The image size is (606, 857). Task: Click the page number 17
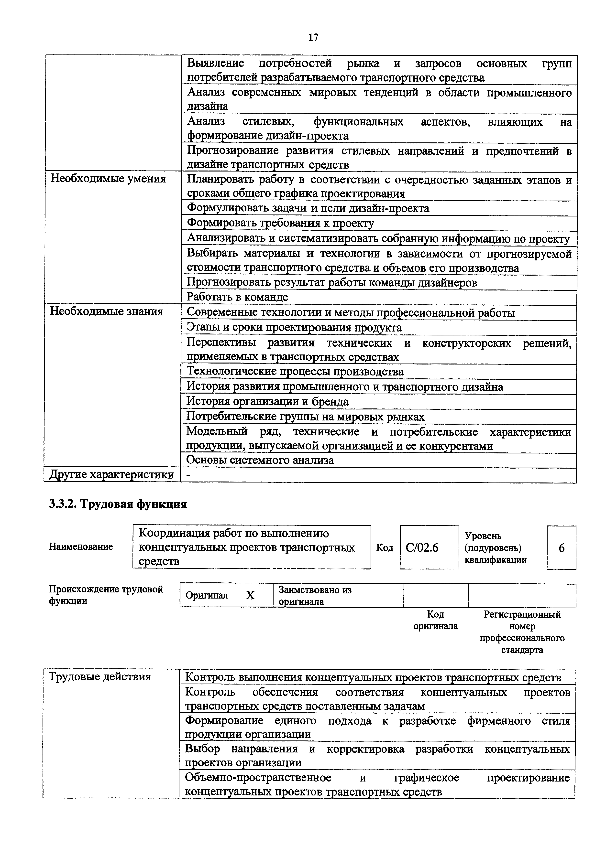point(313,37)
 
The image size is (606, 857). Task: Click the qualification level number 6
point(561,548)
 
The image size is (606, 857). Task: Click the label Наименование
point(81,547)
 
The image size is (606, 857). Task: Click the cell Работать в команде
point(237,297)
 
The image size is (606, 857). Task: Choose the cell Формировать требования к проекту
point(280,223)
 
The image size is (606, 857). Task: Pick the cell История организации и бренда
point(267,402)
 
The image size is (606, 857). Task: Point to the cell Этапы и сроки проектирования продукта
point(294,328)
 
